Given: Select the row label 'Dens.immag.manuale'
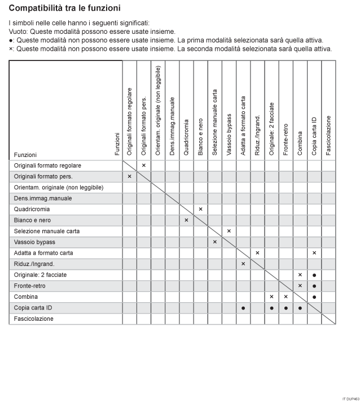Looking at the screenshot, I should [x=39, y=198].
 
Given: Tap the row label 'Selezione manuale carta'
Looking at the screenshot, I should [x=47, y=231].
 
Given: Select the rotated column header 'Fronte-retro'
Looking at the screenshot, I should [x=286, y=136].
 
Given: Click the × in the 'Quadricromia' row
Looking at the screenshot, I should [x=200, y=209].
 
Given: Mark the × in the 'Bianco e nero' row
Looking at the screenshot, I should [x=186, y=220].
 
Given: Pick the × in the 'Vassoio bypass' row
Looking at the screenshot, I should [x=215, y=242].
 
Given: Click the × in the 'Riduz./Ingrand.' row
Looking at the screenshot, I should [x=243, y=264].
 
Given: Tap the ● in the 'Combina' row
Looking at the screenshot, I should [x=314, y=297].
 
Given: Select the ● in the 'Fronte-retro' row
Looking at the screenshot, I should [x=314, y=286].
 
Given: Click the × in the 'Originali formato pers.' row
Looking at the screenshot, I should [x=129, y=176].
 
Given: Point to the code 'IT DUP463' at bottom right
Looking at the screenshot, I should [x=349, y=398].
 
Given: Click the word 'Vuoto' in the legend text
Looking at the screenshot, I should [x=19, y=32].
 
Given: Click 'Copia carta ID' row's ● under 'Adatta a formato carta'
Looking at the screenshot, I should [x=243, y=308].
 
